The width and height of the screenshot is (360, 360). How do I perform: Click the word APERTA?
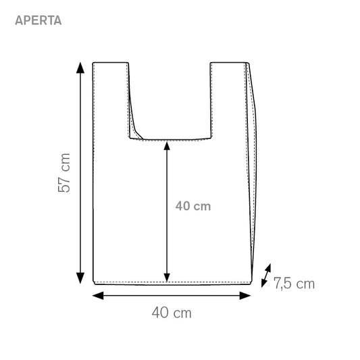pyautogui.click(x=38, y=20)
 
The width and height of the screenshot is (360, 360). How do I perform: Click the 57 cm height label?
pyautogui.click(x=64, y=173)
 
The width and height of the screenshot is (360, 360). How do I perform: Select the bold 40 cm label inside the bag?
pyautogui.click(x=193, y=206)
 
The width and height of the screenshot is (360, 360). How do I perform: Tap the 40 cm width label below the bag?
pyautogui.click(x=172, y=313)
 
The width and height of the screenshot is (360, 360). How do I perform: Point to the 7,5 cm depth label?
pyautogui.click(x=294, y=283)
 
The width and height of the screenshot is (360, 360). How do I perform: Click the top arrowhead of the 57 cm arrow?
pyautogui.click(x=80, y=68)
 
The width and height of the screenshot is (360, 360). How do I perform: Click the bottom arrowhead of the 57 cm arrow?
pyautogui.click(x=80, y=278)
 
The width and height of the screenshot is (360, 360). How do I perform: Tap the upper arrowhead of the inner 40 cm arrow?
pyautogui.click(x=167, y=146)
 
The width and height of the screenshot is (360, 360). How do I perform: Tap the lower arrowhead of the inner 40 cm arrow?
pyautogui.click(x=167, y=278)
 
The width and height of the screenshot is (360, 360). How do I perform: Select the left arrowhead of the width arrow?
pyautogui.click(x=97, y=296)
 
